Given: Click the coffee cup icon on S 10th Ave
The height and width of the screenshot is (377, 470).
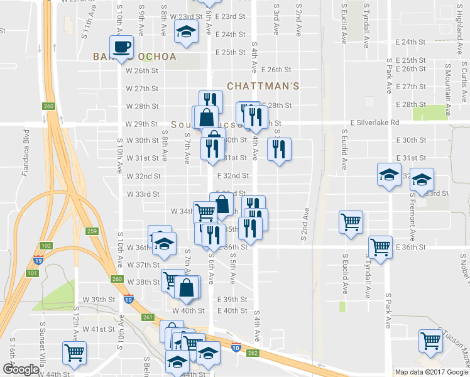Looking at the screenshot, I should (x=123, y=46).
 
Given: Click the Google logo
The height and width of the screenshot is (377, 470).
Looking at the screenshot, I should (x=20, y=369).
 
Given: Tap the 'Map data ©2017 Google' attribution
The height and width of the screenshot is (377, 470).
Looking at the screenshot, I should (x=432, y=372).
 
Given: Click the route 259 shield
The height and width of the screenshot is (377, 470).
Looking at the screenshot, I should (x=92, y=232).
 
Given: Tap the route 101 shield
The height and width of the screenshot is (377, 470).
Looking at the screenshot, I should (x=33, y=273).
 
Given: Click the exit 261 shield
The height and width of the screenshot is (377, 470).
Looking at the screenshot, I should (x=148, y=317).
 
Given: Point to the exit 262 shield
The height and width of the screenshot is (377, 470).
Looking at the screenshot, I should (x=253, y=353).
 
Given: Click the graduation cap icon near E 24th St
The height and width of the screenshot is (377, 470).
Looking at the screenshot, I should (x=185, y=33).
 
